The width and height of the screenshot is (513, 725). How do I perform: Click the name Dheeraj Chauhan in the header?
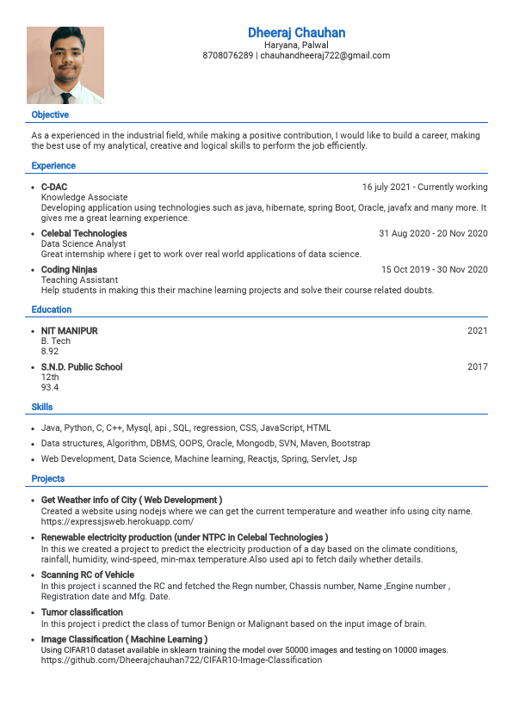pos(296,33)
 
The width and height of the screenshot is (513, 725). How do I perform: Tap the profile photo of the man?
pos(65,65)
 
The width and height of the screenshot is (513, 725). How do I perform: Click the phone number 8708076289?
pos(228,55)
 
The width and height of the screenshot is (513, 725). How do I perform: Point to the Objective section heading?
pos(50,114)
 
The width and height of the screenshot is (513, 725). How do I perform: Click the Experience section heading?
pos(53,165)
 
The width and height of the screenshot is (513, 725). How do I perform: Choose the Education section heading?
pos(52,310)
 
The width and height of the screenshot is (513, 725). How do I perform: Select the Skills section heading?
pos(42,407)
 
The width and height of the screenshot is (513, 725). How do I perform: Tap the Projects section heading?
pos(48,478)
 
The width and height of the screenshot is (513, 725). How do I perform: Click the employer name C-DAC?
pos(54,187)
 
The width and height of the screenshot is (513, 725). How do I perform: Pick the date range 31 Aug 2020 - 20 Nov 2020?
pos(433,233)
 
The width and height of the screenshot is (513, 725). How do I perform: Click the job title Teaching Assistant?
pos(80,280)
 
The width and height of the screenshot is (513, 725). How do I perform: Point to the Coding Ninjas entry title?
pos(69,269)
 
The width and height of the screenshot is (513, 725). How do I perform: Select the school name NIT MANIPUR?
pos(70,330)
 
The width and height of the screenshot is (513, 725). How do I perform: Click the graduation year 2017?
pos(477,366)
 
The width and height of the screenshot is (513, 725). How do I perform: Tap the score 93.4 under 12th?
pos(50,387)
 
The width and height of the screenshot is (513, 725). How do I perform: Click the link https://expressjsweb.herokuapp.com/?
pos(117,521)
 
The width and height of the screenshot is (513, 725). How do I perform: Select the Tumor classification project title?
pos(82,612)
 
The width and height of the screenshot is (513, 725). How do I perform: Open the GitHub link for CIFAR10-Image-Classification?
pos(182,660)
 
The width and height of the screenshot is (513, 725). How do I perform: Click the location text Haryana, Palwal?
pos(296,45)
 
